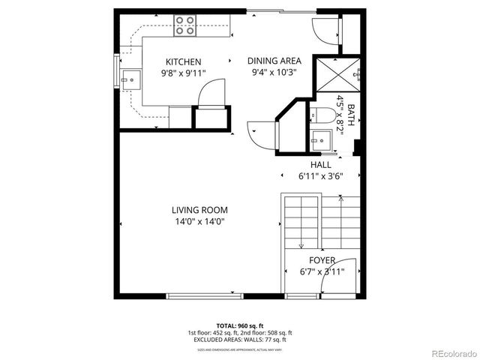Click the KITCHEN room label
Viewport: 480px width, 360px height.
click(x=183, y=61)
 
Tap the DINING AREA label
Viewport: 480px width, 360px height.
click(x=275, y=61)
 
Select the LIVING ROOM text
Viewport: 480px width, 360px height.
click(x=199, y=210)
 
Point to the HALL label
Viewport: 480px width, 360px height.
click(x=320, y=164)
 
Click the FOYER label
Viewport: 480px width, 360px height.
click(x=322, y=260)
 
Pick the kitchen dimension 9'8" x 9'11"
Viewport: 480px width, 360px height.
click(x=183, y=73)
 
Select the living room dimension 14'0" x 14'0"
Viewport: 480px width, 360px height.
click(x=199, y=221)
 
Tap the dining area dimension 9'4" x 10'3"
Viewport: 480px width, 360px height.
click(x=275, y=73)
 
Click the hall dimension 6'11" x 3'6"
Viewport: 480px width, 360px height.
click(x=320, y=176)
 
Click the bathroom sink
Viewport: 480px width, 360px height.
click(x=322, y=139)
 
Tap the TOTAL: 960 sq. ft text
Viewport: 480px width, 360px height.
click(x=240, y=325)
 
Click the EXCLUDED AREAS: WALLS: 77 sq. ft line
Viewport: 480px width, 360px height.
click(x=240, y=340)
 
